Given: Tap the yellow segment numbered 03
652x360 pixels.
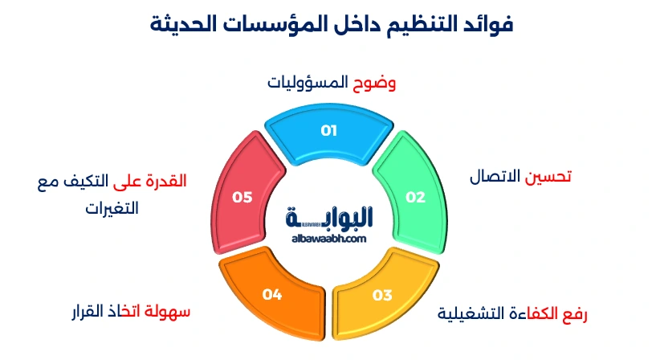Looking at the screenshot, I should coord(377,293).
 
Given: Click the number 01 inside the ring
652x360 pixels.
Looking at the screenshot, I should coord(328,130).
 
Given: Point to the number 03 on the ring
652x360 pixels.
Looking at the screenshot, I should coord(382,295).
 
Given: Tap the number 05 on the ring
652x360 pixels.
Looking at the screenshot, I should coord(242,197).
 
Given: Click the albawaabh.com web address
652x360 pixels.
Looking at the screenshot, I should coord(329,238).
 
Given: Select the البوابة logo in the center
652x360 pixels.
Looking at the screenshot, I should coord(329,218).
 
